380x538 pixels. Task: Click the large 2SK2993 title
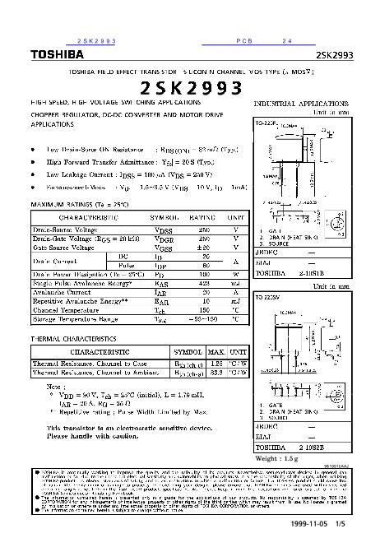click(x=190, y=88)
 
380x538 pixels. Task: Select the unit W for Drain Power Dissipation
click(x=235, y=275)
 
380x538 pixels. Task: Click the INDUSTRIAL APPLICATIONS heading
click(x=302, y=105)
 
